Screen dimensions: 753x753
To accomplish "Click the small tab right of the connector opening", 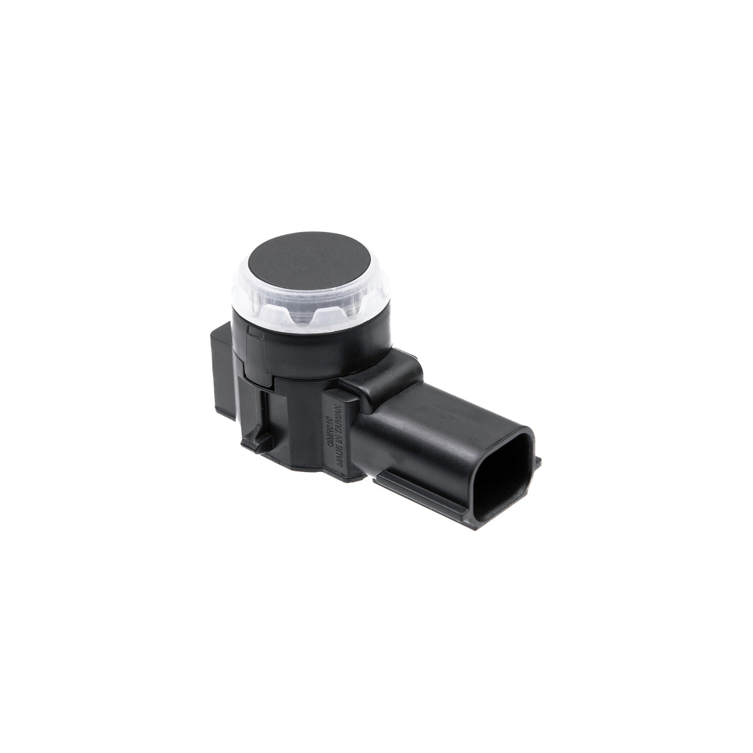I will click(x=538, y=460).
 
